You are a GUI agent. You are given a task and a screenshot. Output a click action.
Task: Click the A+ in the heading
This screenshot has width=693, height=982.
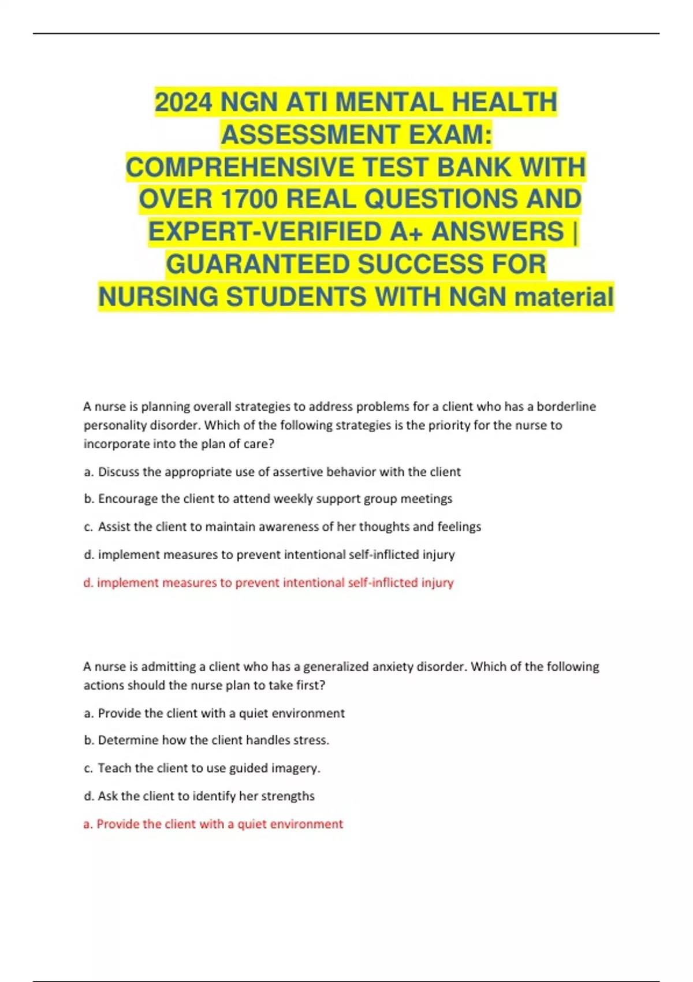click(407, 232)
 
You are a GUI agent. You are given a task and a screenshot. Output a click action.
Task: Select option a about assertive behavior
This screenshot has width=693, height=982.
click(272, 472)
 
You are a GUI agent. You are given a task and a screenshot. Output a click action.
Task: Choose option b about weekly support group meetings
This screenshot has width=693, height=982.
click(268, 499)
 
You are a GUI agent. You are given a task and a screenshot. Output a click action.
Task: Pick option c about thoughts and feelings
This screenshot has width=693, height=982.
click(282, 527)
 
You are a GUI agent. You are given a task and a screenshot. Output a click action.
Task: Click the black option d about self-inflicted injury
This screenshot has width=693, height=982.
click(269, 555)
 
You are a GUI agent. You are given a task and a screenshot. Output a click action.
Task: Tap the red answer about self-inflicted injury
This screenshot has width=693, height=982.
click(269, 582)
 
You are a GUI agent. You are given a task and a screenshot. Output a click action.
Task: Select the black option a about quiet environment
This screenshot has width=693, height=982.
click(214, 713)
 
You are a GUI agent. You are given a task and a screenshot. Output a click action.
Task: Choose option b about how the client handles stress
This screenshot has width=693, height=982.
click(207, 740)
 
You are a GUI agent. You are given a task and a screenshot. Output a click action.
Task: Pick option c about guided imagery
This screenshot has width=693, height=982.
click(202, 768)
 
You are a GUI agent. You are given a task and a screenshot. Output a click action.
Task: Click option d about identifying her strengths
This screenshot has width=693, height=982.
click(199, 796)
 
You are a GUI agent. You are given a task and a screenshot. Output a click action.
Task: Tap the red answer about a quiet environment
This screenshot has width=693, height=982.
click(213, 824)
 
